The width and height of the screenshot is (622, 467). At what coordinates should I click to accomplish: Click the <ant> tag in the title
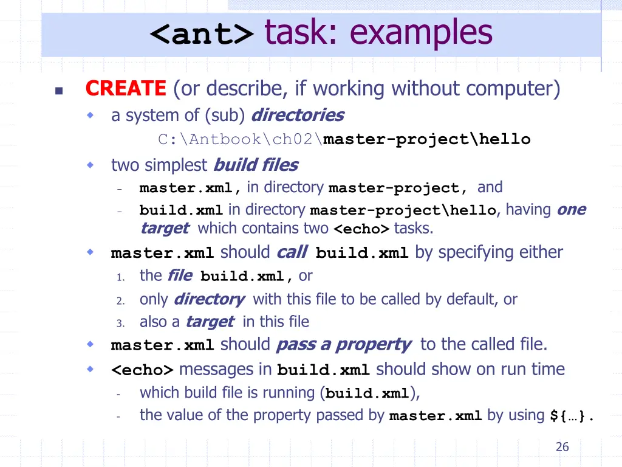click(202, 35)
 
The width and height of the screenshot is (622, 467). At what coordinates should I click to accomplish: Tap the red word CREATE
click(126, 89)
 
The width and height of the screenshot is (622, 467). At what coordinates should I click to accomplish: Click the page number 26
click(562, 447)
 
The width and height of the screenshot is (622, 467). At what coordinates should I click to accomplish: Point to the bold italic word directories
click(297, 115)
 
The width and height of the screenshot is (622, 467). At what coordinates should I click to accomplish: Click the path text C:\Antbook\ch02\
click(241, 140)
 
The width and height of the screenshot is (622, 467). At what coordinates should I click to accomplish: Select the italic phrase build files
click(256, 165)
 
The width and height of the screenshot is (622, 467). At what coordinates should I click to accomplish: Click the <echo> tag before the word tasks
click(362, 229)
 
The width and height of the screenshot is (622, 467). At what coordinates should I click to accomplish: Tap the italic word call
click(292, 252)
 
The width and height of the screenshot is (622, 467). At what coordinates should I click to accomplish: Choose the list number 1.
click(120, 277)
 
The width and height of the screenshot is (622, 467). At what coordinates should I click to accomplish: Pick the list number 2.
click(120, 300)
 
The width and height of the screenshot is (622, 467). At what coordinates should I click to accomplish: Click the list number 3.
click(120, 323)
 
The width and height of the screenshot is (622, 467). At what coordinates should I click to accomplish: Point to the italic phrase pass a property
click(343, 345)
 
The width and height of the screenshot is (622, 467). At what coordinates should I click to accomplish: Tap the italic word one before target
click(571, 210)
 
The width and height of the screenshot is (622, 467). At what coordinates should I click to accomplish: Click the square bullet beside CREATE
click(58, 91)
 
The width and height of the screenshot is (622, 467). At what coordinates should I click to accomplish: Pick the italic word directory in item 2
click(209, 299)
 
